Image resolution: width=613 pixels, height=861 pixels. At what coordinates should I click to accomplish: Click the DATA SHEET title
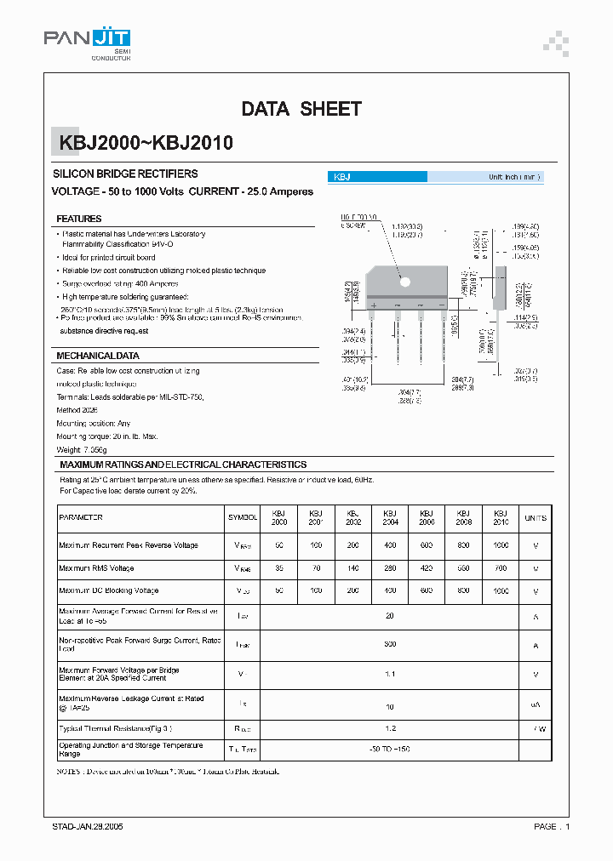pyautogui.click(x=301, y=109)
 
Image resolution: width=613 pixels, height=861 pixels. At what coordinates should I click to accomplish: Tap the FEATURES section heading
pyautogui.click(x=79, y=219)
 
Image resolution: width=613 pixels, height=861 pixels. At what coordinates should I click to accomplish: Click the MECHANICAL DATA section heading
pyautogui.click(x=98, y=356)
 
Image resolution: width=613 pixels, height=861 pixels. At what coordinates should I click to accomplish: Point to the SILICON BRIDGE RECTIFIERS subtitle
pyautogui.click(x=125, y=174)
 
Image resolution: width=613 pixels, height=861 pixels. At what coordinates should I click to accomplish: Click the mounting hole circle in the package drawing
pyautogui.click(x=405, y=282)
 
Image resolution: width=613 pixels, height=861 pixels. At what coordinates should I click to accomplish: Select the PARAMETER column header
pyautogui.click(x=81, y=517)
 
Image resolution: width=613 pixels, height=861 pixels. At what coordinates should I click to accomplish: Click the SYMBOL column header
pyautogui.click(x=243, y=517)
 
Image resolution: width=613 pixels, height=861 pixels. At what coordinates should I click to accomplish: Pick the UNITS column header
pyautogui.click(x=536, y=517)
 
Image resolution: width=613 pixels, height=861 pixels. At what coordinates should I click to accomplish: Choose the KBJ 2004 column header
pyautogui.click(x=390, y=517)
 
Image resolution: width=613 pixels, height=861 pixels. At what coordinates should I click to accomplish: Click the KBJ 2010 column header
pyautogui.click(x=501, y=517)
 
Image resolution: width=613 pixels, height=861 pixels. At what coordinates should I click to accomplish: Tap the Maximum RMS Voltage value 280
pyautogui.click(x=390, y=568)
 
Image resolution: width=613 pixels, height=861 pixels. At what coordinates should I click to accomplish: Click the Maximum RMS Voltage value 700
pyautogui.click(x=501, y=568)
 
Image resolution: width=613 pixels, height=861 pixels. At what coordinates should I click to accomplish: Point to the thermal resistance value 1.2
pyautogui.click(x=390, y=729)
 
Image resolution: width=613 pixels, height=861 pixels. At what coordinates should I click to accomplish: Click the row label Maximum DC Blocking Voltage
pyautogui.click(x=109, y=590)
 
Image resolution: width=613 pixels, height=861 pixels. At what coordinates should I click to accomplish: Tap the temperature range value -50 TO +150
pyautogui.click(x=390, y=749)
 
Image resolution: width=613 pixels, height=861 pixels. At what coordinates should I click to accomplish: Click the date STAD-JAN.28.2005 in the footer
pyautogui.click(x=83, y=827)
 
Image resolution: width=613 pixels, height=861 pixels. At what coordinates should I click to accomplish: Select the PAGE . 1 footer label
pyautogui.click(x=552, y=827)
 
